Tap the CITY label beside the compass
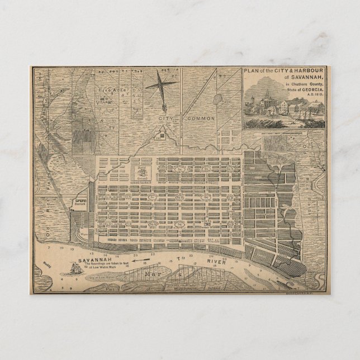point(166,119)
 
